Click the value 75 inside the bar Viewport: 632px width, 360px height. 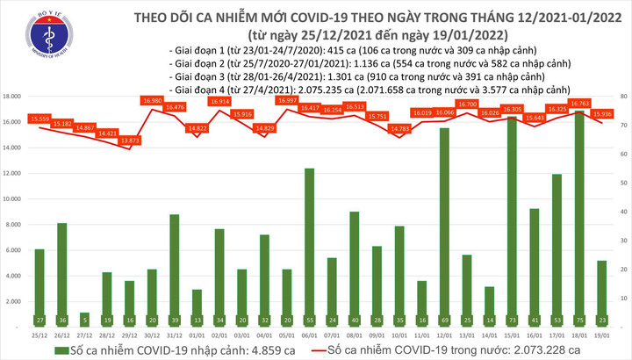coord(580,321)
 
